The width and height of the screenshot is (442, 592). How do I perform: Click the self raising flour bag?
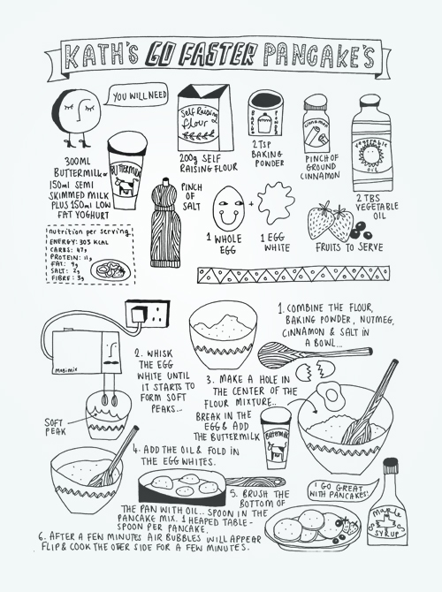[205, 118]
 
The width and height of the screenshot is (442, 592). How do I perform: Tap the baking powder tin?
[265, 114]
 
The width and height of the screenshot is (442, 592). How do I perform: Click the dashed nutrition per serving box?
[89, 257]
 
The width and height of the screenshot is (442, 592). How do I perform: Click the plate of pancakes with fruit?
[314, 527]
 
